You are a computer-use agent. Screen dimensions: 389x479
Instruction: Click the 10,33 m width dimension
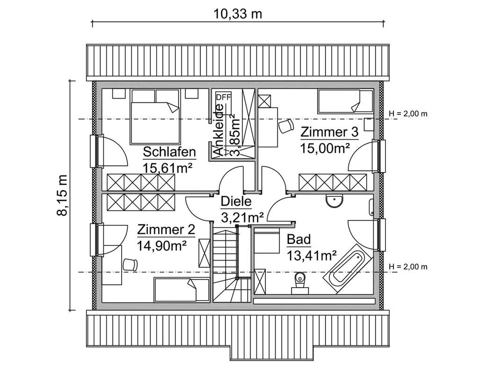pos(238,14)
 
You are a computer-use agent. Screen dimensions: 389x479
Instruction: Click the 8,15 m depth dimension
pos(63,195)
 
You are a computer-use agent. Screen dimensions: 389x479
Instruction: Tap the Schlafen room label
pos(169,152)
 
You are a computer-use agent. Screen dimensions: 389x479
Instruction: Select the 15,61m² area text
pos(169,168)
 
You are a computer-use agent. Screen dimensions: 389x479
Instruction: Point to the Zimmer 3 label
pos(329,132)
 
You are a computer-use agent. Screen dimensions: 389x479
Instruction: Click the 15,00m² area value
pos(326,149)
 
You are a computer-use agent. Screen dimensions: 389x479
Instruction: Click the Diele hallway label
pos(236,202)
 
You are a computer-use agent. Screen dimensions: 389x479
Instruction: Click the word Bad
pos(298,240)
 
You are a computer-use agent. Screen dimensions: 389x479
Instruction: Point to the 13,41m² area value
pos(312,255)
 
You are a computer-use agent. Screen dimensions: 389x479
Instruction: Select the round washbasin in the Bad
pos(334,201)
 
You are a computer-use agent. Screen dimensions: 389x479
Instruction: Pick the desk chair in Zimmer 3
pos(285,125)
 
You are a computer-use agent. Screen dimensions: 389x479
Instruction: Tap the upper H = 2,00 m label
pos(408,113)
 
